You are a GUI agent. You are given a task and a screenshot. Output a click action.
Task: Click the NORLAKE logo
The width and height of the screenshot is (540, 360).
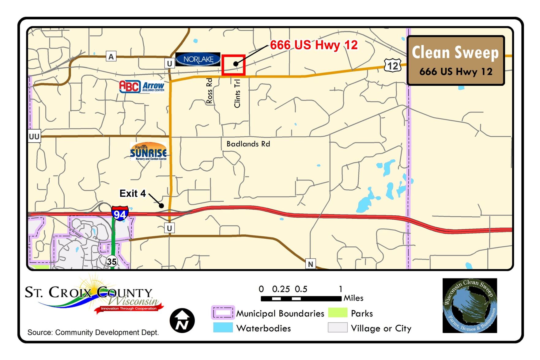[198, 59]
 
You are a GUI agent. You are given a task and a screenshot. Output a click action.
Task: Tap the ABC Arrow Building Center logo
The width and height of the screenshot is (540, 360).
[142, 87]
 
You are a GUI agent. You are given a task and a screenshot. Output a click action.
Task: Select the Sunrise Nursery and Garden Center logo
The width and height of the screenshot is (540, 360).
[149, 151]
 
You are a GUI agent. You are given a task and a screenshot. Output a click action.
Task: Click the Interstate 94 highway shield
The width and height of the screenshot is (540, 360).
[120, 213]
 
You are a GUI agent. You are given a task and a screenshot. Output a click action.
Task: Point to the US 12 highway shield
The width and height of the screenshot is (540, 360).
[392, 65]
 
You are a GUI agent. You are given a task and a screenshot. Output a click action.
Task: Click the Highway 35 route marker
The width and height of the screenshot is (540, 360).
[111, 261]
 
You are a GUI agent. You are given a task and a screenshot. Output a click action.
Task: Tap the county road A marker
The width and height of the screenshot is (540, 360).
[111, 56]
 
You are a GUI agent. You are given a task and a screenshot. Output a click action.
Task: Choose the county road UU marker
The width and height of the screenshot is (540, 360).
[34, 136]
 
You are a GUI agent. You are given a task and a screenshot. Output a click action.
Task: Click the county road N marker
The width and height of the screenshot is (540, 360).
[310, 264]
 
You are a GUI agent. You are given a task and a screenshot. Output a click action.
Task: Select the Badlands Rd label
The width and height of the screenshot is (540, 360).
[248, 144]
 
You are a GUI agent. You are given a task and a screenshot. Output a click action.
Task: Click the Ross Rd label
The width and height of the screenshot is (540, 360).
[209, 91]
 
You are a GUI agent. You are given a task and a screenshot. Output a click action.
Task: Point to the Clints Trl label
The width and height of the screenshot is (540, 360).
[237, 93]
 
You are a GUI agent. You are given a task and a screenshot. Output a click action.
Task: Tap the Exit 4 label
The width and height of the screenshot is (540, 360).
[133, 193]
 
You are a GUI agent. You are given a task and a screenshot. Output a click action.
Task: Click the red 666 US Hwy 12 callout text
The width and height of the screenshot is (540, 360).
[314, 45]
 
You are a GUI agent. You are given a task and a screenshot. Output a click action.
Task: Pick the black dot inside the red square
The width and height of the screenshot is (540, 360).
[236, 64]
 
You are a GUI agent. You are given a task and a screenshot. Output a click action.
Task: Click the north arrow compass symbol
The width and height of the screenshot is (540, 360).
[182, 321]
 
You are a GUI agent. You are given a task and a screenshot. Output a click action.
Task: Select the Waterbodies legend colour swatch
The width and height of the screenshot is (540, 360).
[223, 327]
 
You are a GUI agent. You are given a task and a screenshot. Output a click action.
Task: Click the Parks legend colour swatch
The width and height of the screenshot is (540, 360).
[338, 313]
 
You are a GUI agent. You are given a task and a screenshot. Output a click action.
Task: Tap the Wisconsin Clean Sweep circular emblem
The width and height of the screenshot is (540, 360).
[470, 305]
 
